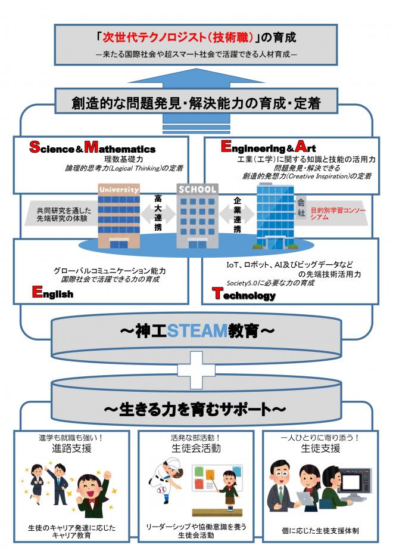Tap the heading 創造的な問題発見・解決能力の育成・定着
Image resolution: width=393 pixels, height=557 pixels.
point(196,103)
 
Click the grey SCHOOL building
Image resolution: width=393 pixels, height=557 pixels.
point(196,215)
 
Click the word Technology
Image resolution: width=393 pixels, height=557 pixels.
point(244,295)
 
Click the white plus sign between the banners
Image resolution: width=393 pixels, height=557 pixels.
point(196,366)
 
